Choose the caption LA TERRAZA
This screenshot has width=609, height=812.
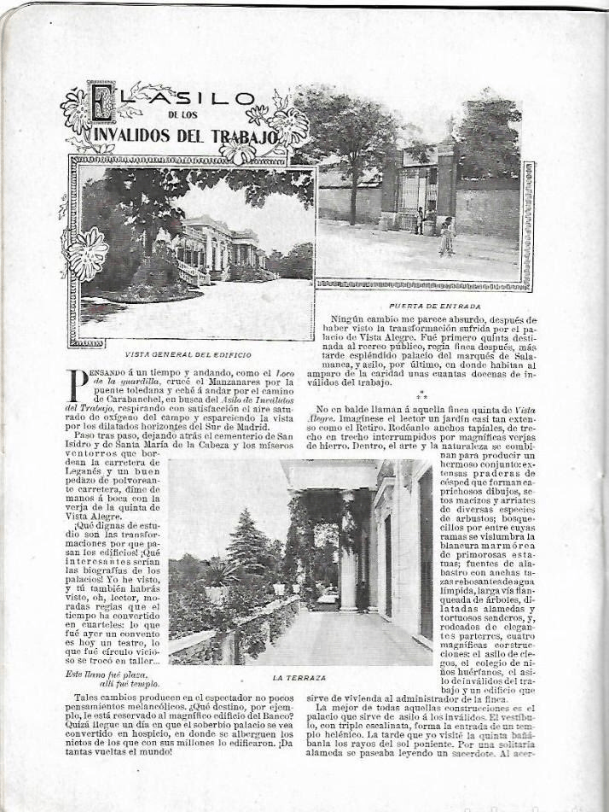[x=299, y=677]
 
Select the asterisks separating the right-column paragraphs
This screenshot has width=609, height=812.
[x=422, y=396]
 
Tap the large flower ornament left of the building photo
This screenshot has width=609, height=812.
[x=88, y=254]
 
